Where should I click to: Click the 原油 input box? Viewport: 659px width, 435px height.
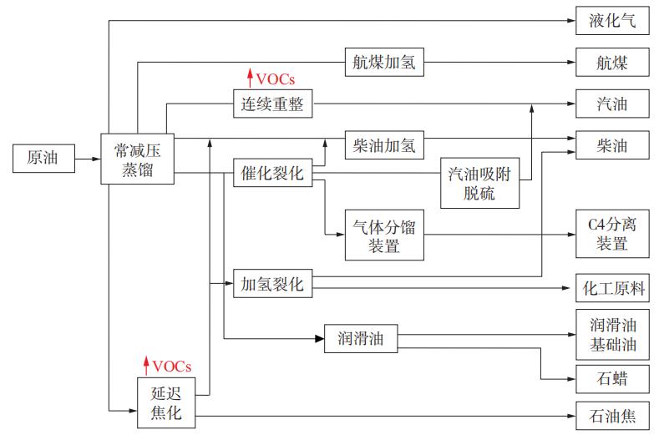(x=42, y=156)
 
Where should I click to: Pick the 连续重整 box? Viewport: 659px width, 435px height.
(x=272, y=104)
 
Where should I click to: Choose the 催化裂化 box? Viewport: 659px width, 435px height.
(x=272, y=175)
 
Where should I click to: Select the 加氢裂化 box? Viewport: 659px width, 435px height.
(x=272, y=284)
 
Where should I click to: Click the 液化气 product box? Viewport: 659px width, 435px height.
(x=611, y=21)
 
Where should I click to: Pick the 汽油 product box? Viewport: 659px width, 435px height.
(x=611, y=104)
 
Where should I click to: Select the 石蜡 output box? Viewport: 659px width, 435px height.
(x=611, y=379)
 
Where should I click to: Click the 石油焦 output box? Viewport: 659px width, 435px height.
(x=611, y=414)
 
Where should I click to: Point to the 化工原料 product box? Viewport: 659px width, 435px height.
(x=611, y=289)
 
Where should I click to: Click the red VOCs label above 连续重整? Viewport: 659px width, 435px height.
(x=276, y=79)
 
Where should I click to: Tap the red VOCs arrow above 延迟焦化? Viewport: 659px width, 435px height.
(x=147, y=366)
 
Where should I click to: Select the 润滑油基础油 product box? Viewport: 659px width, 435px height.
(x=611, y=334)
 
